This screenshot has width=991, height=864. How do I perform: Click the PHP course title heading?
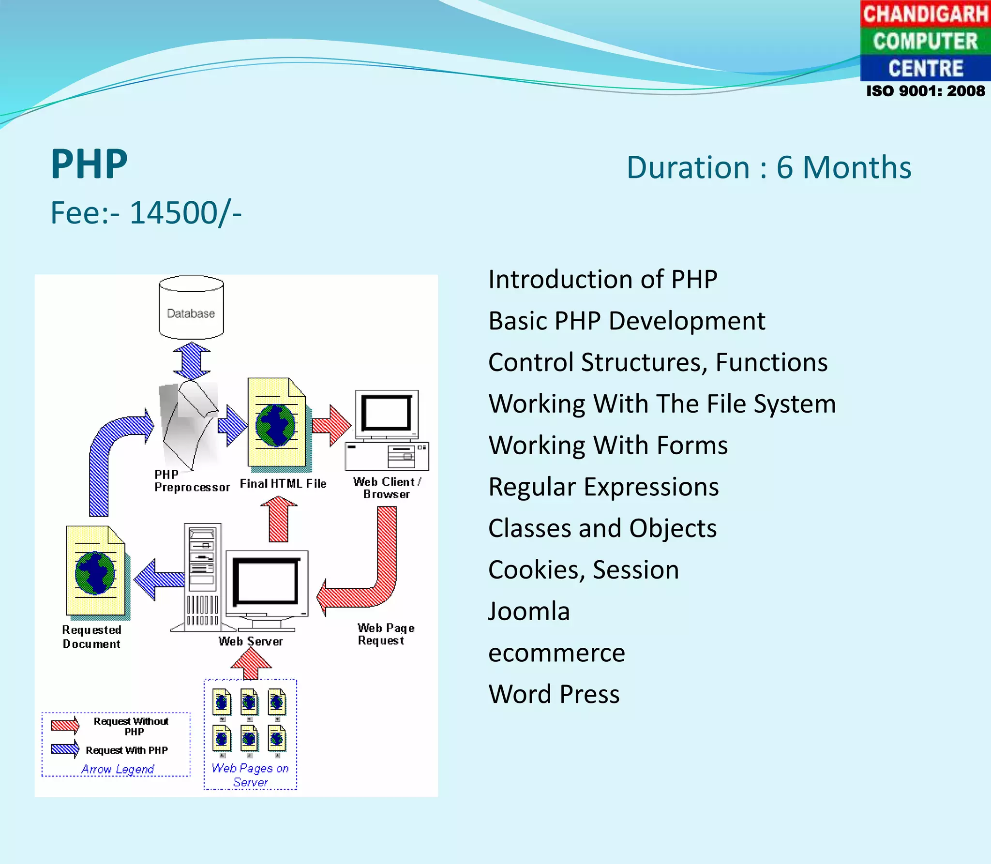click(x=89, y=164)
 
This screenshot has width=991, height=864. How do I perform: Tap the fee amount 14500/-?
click(x=186, y=212)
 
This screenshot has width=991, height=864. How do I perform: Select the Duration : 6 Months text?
click(x=768, y=167)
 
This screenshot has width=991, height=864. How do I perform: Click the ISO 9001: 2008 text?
click(x=925, y=91)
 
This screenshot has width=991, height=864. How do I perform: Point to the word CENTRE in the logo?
click(x=925, y=68)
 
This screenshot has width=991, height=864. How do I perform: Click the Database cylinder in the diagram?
click(x=191, y=308)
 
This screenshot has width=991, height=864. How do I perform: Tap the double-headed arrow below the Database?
click(x=192, y=361)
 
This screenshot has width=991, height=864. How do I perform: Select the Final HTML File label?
click(x=283, y=484)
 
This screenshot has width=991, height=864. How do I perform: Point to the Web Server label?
click(x=251, y=641)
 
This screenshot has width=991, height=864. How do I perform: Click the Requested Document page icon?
click(x=96, y=572)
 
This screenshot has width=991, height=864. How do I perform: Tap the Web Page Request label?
click(x=386, y=634)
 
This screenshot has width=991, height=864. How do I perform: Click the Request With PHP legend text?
click(x=127, y=750)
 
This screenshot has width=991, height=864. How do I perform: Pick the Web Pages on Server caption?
click(x=250, y=775)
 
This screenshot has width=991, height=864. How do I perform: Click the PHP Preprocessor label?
click(x=192, y=481)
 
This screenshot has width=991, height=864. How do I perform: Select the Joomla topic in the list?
click(x=529, y=611)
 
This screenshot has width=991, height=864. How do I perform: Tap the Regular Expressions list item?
click(x=603, y=487)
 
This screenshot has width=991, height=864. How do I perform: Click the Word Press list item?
click(x=554, y=694)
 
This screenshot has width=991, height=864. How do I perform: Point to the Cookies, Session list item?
click(x=584, y=570)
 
